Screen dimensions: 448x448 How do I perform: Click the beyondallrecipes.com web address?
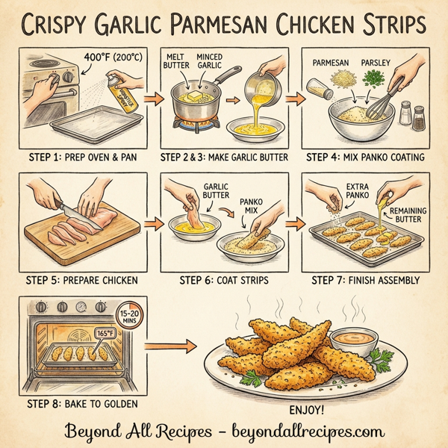[299, 431]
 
